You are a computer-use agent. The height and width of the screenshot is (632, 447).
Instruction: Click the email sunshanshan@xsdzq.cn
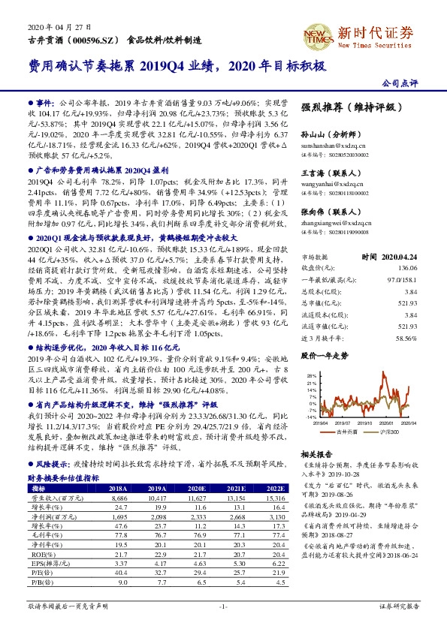(334, 143)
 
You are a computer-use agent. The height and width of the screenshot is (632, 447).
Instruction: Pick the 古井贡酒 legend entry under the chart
(347, 432)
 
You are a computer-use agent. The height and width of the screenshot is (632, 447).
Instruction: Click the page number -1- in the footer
(222, 605)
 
